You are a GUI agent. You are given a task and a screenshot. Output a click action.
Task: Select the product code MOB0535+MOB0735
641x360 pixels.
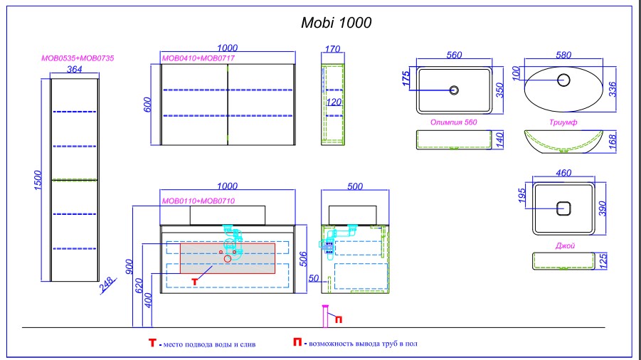click(73, 58)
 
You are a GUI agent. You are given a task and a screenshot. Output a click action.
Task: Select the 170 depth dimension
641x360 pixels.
click(332, 50)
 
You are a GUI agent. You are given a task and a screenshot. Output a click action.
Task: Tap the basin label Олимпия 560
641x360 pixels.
click(453, 122)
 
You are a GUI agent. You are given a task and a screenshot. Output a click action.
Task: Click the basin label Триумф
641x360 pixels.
click(563, 122)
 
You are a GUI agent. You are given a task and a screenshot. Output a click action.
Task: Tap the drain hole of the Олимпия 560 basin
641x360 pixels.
click(454, 90)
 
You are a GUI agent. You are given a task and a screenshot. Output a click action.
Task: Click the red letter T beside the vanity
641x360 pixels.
click(194, 282)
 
